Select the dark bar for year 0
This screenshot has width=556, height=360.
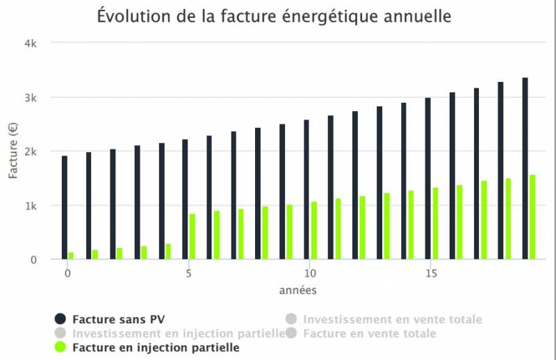65,207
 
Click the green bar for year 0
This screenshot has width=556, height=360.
71,255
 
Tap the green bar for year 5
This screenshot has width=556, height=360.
193,236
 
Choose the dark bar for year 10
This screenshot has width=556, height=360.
306,189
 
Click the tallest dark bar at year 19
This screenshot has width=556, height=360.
525,168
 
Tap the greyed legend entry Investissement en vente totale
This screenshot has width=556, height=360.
392,320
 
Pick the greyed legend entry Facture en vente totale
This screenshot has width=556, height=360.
370,334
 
